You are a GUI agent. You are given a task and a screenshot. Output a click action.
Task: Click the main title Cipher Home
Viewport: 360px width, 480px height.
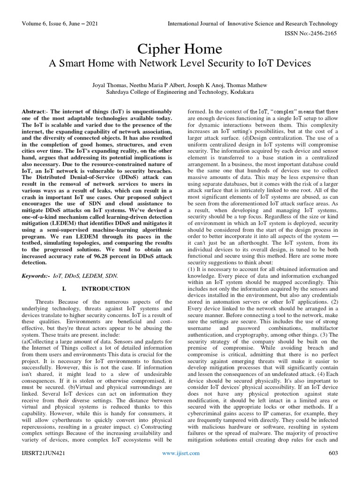pyautogui.click(x=180, y=49)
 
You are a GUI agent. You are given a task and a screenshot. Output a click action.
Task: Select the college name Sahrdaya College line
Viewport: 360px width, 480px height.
pyautogui.click(x=180, y=93)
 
